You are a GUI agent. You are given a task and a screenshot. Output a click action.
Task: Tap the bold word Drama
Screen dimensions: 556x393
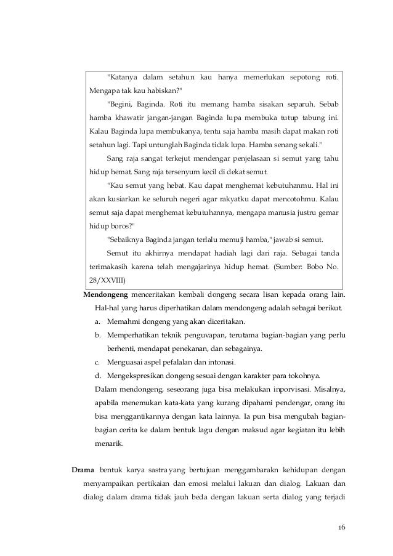(83, 469)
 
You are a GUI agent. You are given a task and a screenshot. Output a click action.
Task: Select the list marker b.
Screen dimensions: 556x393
(98, 334)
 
